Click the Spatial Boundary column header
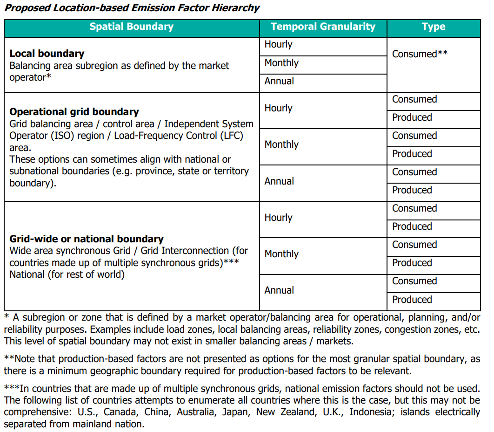(x=132, y=27)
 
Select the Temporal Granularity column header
(x=323, y=27)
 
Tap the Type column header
(x=434, y=27)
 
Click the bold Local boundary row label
(x=47, y=54)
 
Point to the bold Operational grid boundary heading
(x=74, y=112)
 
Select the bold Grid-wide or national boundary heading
(x=87, y=239)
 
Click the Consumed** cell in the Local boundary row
(x=420, y=54)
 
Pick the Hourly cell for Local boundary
(x=278, y=45)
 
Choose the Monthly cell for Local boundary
(x=281, y=63)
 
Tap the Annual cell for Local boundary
(x=279, y=81)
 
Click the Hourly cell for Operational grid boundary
(x=278, y=108)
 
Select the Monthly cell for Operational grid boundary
(x=281, y=144)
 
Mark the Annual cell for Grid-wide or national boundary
(x=279, y=290)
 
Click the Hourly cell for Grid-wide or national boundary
(x=278, y=218)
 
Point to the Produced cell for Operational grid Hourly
(x=412, y=117)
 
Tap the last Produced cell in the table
(x=412, y=300)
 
